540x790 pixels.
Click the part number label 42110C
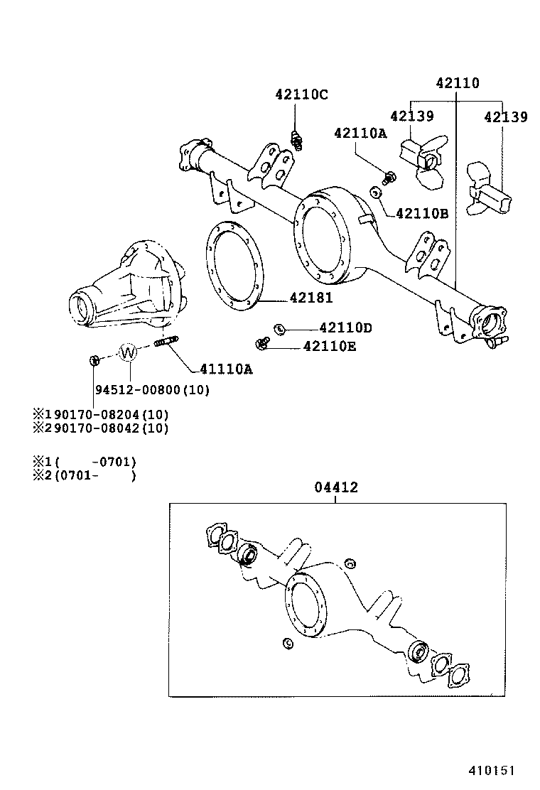301,94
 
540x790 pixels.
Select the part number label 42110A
360,133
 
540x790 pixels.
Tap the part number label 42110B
421,212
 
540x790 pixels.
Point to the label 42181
310,298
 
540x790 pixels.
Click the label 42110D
345,328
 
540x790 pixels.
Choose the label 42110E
330,346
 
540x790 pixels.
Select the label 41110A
226,369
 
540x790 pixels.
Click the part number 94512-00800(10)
152,390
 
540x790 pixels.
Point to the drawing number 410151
490,770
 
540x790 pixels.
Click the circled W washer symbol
128,352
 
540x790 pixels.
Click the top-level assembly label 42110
457,83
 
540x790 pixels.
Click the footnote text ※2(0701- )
84,475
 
